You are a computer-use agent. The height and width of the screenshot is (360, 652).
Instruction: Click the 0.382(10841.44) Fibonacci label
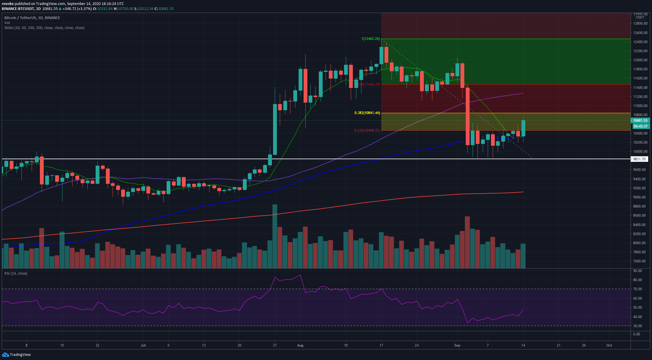[x=367, y=113]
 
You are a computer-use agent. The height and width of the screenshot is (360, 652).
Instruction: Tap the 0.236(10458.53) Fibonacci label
[x=367, y=130]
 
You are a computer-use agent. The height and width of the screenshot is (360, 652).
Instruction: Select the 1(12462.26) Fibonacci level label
[x=370, y=39]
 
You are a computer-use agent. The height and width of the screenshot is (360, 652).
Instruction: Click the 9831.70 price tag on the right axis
[x=639, y=159]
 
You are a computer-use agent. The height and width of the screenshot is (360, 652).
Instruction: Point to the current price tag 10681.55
[x=640, y=120]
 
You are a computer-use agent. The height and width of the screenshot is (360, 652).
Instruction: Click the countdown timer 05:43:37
[x=641, y=126]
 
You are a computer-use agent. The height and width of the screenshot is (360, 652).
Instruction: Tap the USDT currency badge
[x=640, y=18]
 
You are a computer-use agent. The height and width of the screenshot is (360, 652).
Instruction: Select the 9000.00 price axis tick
[x=639, y=197]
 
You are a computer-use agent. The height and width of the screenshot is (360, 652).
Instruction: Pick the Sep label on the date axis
[x=457, y=345]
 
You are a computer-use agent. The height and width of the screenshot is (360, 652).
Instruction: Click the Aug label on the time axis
[x=300, y=345]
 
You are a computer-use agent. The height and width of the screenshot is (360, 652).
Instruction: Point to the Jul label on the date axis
[x=143, y=345]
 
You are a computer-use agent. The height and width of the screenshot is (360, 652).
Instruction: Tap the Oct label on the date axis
[x=609, y=345]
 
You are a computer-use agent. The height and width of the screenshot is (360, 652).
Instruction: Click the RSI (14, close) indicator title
[x=16, y=274]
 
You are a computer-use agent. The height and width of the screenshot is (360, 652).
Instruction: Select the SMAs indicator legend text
[x=44, y=28]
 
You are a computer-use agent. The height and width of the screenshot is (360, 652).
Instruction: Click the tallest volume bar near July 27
[x=275, y=236]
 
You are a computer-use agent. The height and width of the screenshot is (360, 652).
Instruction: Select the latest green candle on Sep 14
[x=523, y=128]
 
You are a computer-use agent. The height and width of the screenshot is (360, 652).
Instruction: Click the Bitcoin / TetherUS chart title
[x=32, y=18]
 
